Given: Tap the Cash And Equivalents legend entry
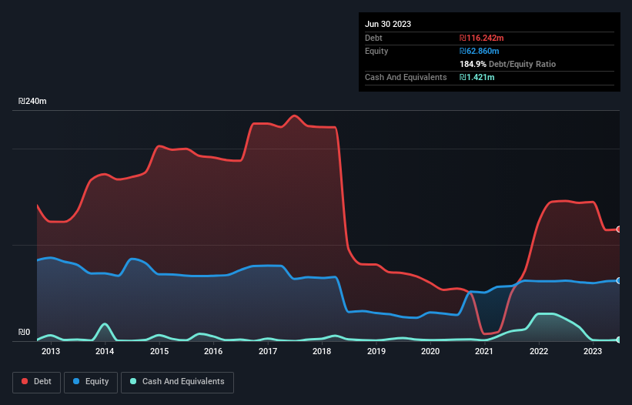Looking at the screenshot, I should (177, 382).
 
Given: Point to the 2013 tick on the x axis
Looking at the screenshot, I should (51, 352).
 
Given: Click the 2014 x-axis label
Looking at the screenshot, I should (105, 352).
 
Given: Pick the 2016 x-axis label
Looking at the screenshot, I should (213, 352).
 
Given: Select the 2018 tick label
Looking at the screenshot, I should (322, 352).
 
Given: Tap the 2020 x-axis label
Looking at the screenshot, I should (430, 352).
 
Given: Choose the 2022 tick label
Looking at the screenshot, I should (539, 352).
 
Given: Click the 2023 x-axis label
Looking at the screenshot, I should (593, 352).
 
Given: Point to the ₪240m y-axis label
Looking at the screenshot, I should (33, 102).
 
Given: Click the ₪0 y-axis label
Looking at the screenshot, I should (24, 333).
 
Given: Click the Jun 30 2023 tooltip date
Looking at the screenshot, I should (388, 24).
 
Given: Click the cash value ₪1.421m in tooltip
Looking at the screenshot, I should (477, 78).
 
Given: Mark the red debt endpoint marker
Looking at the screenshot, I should (619, 229).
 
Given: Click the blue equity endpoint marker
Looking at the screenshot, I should (619, 281).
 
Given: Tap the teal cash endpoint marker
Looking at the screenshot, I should (619, 340).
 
